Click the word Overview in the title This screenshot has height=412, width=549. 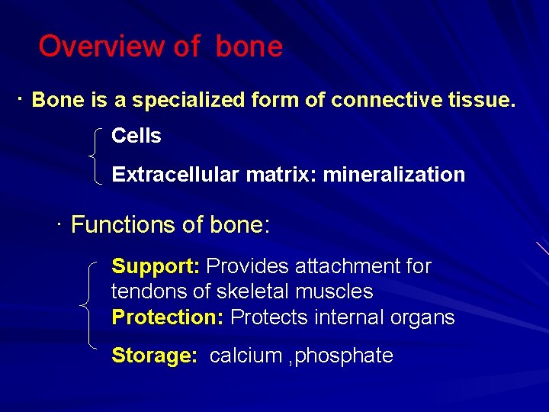[x=102, y=47]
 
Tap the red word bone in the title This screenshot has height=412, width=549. [x=249, y=47]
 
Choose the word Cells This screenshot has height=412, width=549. [x=136, y=136]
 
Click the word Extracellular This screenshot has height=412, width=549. [x=175, y=175]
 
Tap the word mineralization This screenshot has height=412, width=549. [x=393, y=175]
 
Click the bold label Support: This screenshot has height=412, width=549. [x=156, y=266]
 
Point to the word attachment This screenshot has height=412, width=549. [x=342, y=266]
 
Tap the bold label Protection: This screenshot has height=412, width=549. [x=167, y=317]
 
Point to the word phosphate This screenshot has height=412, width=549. [x=345, y=356]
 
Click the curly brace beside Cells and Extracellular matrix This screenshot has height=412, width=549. [x=95, y=156]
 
